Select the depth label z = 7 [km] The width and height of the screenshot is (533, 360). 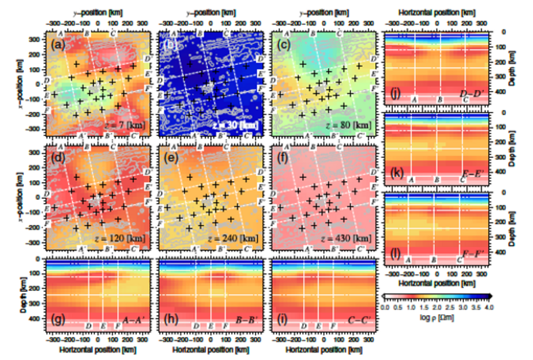pos(125,124)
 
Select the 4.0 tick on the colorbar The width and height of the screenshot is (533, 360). pos(488,307)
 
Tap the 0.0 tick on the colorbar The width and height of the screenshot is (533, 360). pos(385,307)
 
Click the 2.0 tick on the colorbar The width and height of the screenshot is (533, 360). pos(437,307)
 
